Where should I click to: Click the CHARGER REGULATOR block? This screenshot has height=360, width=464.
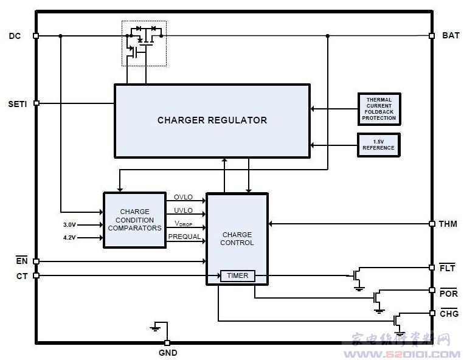(x=212, y=120)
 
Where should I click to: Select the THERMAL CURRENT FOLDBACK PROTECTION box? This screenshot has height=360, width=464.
(x=379, y=109)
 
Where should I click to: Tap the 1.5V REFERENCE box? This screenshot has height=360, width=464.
(x=378, y=145)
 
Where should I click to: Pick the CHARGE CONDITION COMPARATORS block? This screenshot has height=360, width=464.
(x=134, y=220)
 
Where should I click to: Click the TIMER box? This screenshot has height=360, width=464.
(x=237, y=275)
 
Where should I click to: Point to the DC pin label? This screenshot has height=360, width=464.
(x=15, y=36)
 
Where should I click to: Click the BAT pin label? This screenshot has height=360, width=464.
(x=451, y=36)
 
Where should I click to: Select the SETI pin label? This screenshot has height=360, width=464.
(x=16, y=103)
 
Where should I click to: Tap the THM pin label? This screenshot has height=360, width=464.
(x=448, y=224)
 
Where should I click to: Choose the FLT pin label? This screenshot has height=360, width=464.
(x=447, y=268)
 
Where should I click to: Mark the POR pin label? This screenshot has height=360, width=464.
(x=448, y=294)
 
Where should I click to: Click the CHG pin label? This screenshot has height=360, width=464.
(x=449, y=314)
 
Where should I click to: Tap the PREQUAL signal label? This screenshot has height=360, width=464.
(x=184, y=237)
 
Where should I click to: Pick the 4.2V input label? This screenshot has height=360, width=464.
(x=69, y=238)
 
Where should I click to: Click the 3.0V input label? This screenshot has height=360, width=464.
(x=69, y=224)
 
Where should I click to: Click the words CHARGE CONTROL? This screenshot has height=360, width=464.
(x=237, y=238)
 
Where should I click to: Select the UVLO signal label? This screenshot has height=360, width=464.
(x=183, y=210)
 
